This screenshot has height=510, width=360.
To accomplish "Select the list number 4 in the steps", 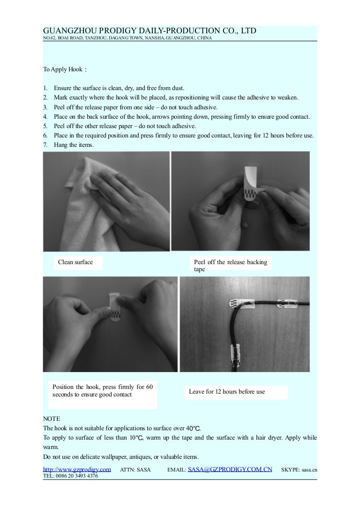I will (45, 116).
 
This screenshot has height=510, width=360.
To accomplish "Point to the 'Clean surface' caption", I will (75, 262).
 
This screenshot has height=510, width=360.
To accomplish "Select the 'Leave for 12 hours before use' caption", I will (227, 392).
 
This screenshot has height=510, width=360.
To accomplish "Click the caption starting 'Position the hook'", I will (102, 391).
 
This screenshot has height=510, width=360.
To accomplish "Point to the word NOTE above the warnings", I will (52, 419).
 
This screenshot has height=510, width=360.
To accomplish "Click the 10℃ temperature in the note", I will (136, 438).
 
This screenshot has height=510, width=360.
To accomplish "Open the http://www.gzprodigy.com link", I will (77, 469).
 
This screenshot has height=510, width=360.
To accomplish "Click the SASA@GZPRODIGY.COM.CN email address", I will (230, 469).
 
